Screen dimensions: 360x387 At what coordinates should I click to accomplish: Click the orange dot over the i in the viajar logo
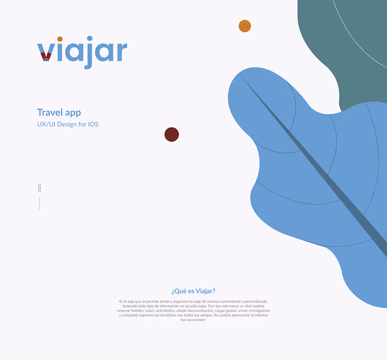(x=60, y=39)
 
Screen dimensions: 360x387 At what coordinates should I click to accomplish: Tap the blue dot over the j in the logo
(x=90, y=38)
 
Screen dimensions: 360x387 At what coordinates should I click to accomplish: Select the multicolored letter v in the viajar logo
(x=45, y=53)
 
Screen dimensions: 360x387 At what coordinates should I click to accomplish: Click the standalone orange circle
(x=245, y=26)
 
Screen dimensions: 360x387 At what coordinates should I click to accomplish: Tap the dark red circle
(x=172, y=135)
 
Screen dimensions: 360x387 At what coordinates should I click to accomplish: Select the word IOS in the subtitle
(x=93, y=124)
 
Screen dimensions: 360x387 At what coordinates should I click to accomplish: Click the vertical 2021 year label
(x=39, y=188)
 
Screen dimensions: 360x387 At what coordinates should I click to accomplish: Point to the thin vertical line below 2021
(x=39, y=204)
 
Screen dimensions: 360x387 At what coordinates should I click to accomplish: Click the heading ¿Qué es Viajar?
(x=193, y=291)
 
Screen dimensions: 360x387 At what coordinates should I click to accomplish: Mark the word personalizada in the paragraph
(x=257, y=302)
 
